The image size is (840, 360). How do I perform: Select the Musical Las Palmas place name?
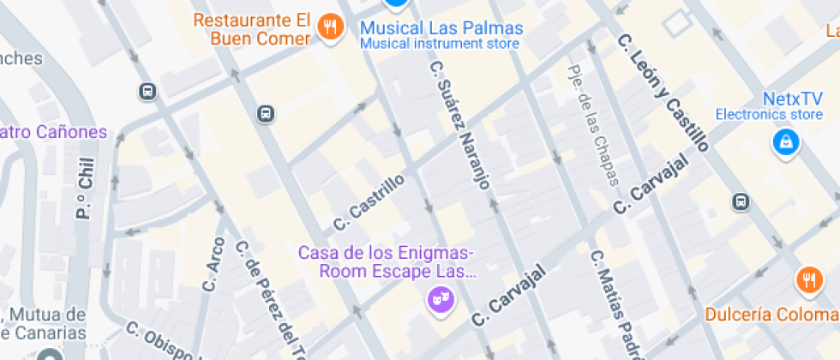441,27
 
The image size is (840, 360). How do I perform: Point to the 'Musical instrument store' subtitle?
440,43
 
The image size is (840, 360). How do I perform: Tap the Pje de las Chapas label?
592,125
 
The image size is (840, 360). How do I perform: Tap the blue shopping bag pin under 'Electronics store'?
784,143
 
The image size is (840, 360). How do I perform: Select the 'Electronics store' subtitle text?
769,114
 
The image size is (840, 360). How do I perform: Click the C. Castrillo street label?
369,202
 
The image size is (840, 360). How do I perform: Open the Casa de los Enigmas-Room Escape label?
386,262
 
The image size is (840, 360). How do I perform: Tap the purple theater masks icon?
441,299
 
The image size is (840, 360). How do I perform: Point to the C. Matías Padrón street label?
614,304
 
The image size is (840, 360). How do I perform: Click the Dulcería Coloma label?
771,315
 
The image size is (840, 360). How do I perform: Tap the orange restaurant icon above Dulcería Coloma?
808,279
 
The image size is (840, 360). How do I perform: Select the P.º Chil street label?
84,192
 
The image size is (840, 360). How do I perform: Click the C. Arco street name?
213,264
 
